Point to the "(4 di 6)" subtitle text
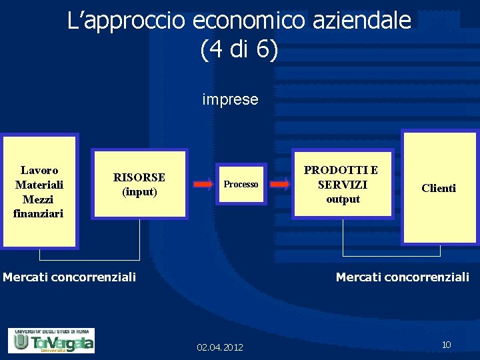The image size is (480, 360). tap(239, 51)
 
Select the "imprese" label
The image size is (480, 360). tap(230, 100)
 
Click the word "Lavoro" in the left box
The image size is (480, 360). tap(39, 171)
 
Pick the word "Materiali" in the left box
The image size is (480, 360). tap(39, 185)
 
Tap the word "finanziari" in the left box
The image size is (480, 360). tap(38, 213)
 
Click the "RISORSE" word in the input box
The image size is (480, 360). tap(139, 177)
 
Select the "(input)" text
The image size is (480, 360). tap(139, 192)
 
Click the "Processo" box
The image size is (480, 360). tap(241, 185)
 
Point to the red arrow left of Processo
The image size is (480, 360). tap(203, 184)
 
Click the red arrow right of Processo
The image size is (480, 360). tap(280, 184)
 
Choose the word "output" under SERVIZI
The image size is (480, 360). tap(343, 199)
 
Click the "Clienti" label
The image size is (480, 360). tap(439, 189)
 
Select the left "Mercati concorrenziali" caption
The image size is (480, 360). tap(69, 277)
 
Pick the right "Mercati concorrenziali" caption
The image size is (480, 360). tap(403, 277)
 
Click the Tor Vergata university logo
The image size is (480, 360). tap(51, 341)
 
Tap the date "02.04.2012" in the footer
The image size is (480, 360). tap(220, 347)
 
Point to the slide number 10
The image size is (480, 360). tap(447, 345)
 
